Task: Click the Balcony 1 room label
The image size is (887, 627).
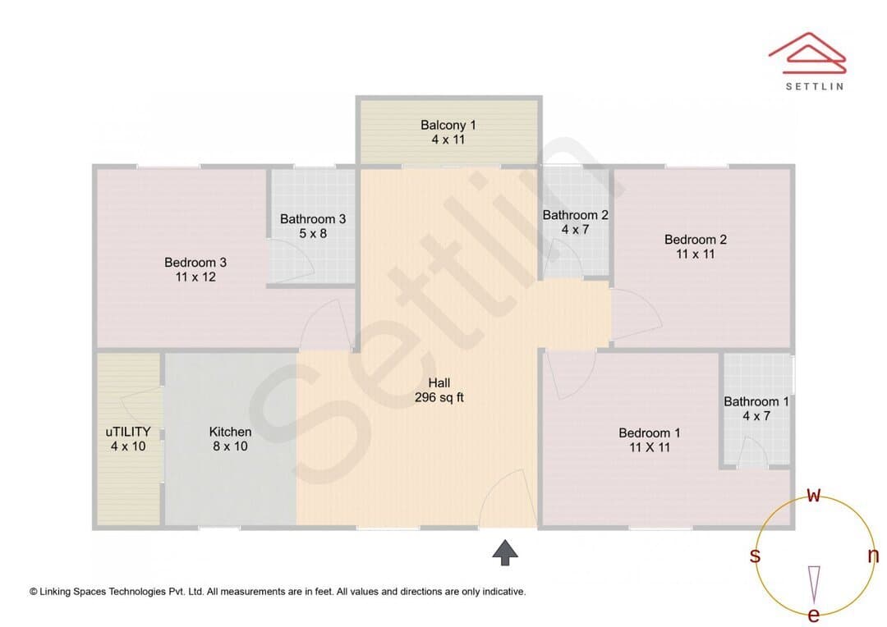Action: coord(448,125)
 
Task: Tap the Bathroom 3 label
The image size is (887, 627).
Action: coord(313,219)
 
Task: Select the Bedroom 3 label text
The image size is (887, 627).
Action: coord(195,263)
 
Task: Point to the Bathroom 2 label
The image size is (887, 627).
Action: coord(575,215)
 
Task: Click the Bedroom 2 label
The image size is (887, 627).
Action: coord(696,239)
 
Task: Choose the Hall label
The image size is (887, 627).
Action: coord(439,382)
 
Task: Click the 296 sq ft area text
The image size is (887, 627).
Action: coord(439,397)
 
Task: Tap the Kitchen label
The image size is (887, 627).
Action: coord(230,432)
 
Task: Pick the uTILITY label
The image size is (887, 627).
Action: coord(128,432)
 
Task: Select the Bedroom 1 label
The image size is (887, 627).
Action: coord(650,433)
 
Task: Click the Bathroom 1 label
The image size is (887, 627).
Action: coord(756,401)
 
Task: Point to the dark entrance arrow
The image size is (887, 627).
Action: coord(505,552)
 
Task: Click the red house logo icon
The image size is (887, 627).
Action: coord(807,53)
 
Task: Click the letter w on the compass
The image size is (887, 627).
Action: coord(813,495)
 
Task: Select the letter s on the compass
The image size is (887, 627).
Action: coord(755,556)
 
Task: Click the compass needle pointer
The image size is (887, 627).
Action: coord(814,584)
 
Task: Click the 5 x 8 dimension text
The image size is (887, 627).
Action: coord(313,234)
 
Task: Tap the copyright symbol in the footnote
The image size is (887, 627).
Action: coord(34,592)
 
